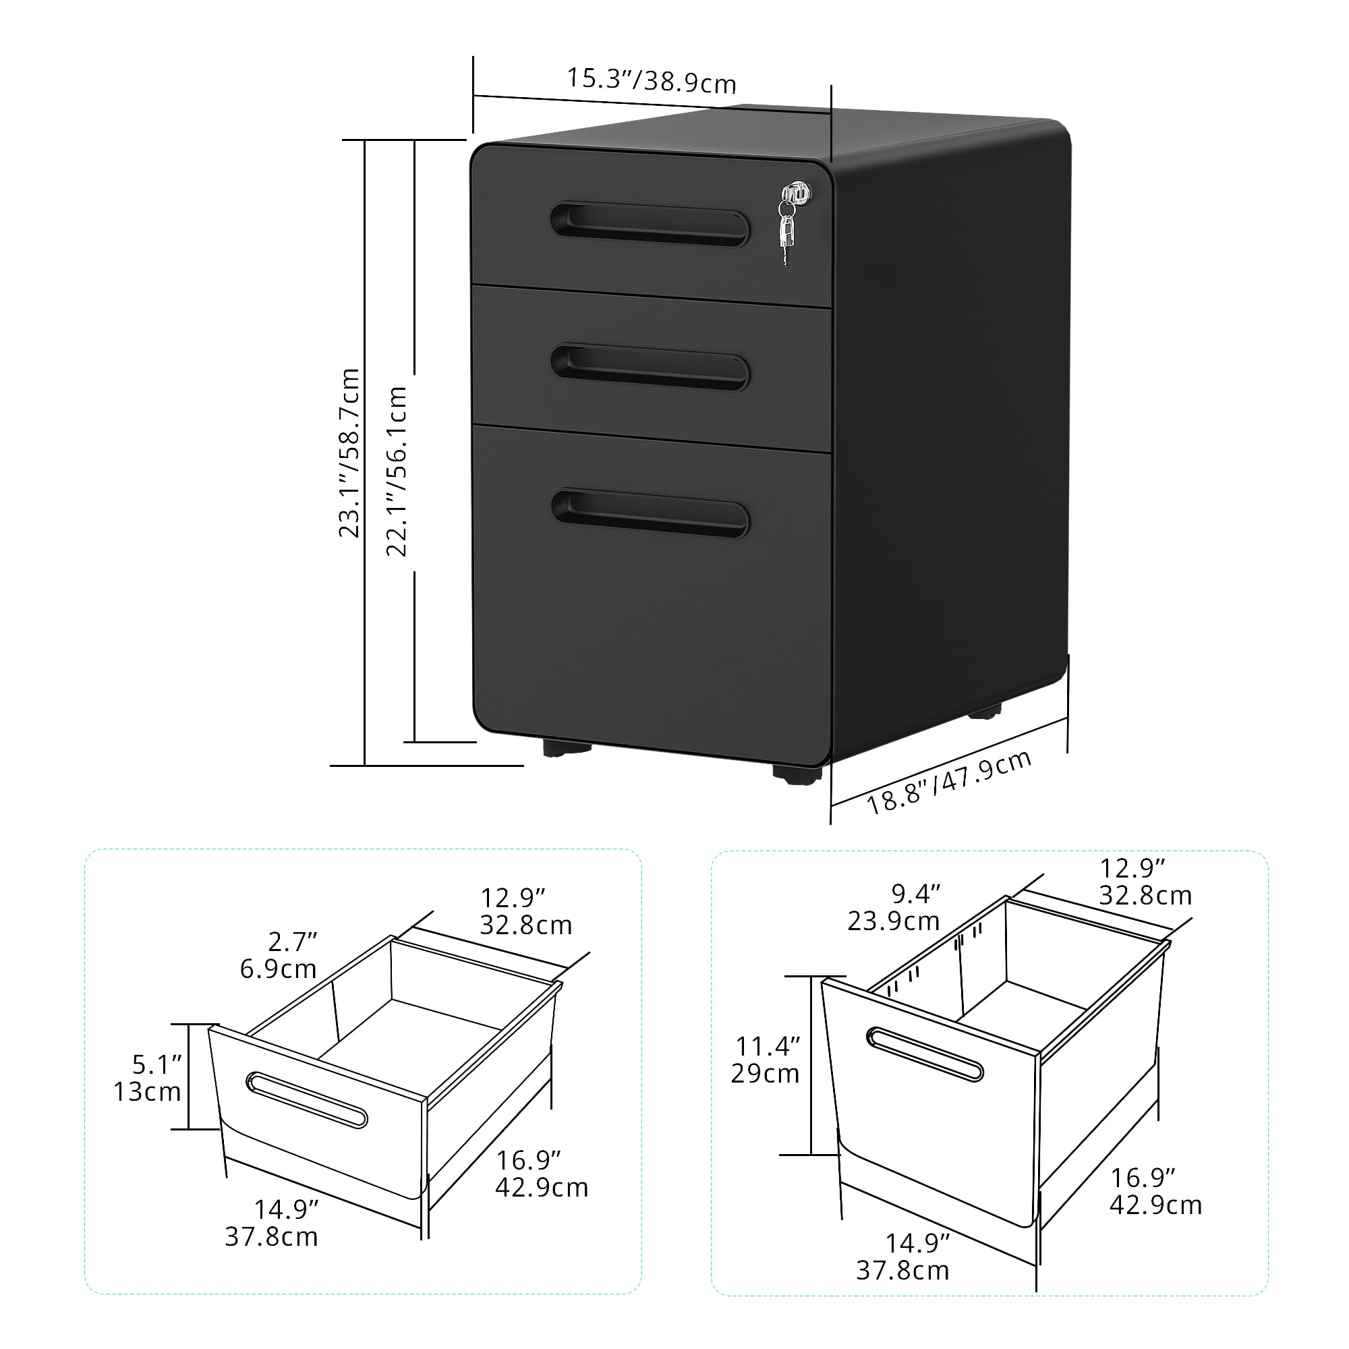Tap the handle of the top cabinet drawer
(x=650, y=224)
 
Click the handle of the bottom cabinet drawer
(x=650, y=513)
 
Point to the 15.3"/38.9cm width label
(x=651, y=80)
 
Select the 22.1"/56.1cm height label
(x=397, y=471)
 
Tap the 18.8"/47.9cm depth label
(x=949, y=782)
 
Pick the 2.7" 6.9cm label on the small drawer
(x=279, y=954)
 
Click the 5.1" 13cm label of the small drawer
(x=147, y=1078)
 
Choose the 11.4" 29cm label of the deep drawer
(x=766, y=1059)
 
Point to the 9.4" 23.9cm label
(x=894, y=908)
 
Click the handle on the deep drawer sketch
(x=925, y=1054)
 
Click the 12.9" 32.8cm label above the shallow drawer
(x=525, y=911)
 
